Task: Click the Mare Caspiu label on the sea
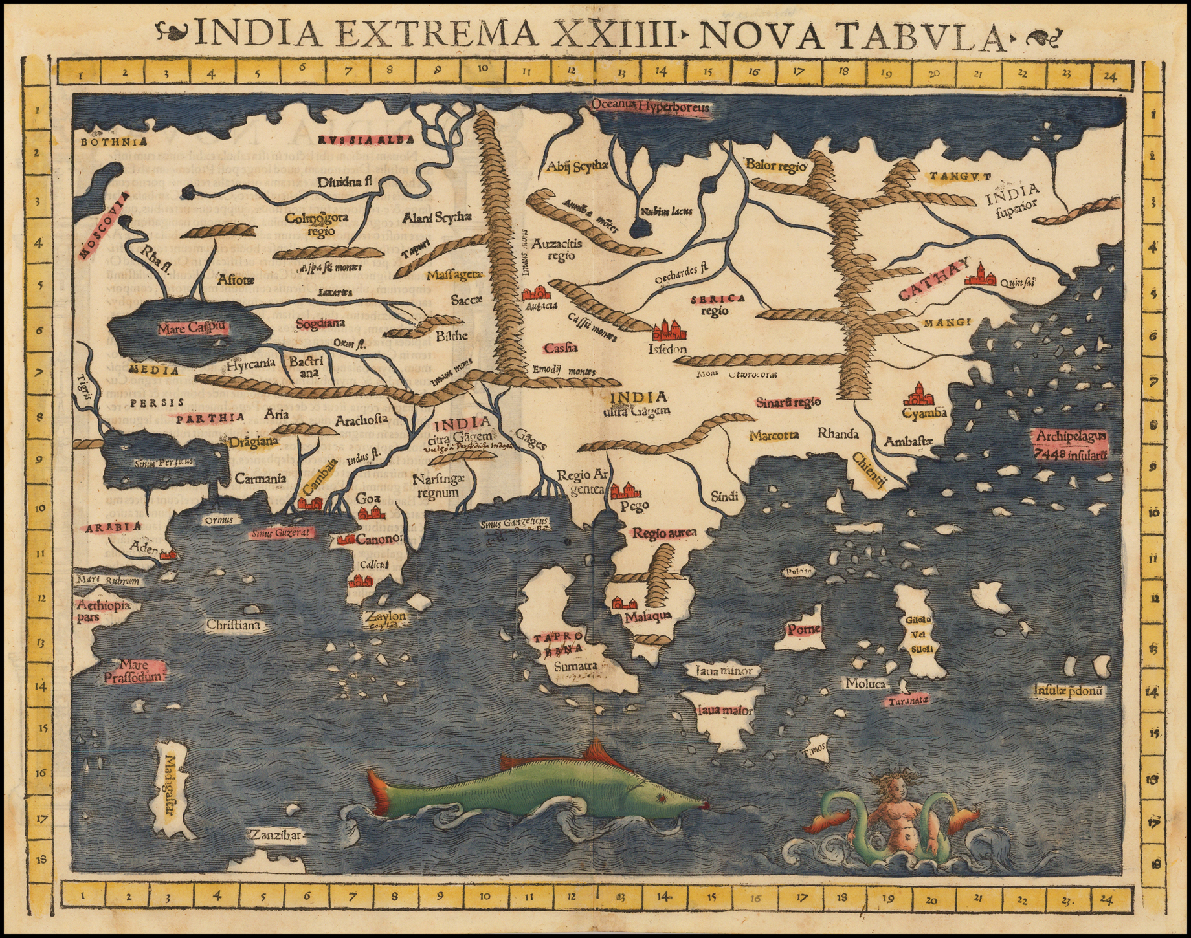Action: [x=192, y=328]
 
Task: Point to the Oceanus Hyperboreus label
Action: [x=651, y=107]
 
